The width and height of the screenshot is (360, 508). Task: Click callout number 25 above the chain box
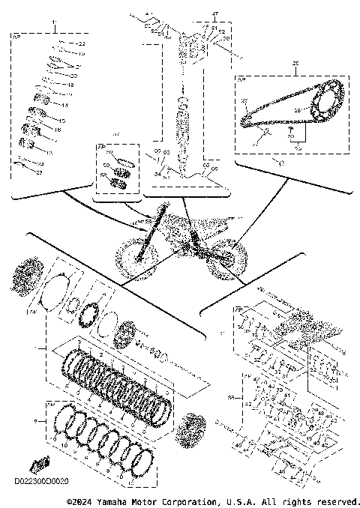tap(295, 64)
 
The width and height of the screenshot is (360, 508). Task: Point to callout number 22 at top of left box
tap(82, 45)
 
